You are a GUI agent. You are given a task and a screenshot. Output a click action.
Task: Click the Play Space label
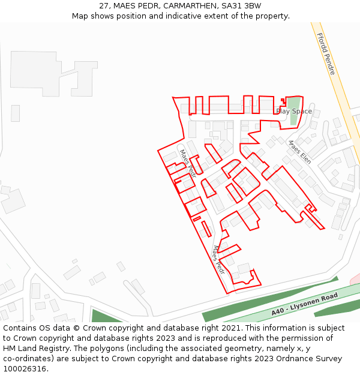(x=294, y=111)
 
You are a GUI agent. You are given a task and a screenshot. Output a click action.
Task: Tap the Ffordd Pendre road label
(x=326, y=54)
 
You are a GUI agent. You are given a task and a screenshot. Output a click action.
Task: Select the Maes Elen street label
(x=299, y=152)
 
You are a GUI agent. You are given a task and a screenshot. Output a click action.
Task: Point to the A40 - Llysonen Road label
(x=304, y=304)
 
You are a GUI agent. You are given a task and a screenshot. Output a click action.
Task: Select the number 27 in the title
(x=104, y=6)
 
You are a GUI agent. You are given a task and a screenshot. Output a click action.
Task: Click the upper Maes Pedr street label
(x=188, y=163)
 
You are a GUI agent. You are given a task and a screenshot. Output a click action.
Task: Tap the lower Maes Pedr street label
(x=218, y=259)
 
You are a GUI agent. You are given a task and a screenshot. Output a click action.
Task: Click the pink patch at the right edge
(x=355, y=278)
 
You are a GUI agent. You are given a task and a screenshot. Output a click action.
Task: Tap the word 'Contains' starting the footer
(x=20, y=328)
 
